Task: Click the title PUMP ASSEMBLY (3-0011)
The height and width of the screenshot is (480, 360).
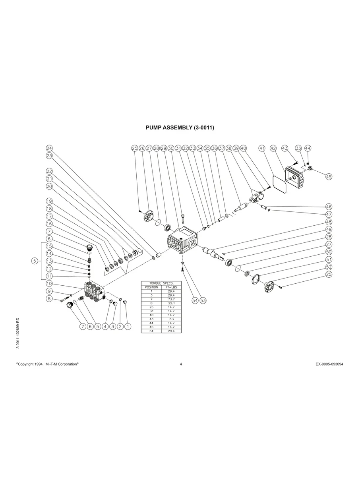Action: pyautogui.click(x=180, y=128)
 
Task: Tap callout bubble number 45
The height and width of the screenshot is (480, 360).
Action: pyautogui.click(x=329, y=176)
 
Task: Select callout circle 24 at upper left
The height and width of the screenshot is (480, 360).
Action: pyautogui.click(x=49, y=148)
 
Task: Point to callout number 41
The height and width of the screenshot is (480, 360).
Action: pyautogui.click(x=262, y=148)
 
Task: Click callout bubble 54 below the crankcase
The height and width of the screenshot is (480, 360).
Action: pyautogui.click(x=195, y=300)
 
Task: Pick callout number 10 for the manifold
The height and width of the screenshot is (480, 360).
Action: pyautogui.click(x=49, y=283)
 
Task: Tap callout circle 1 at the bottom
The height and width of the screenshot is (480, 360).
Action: pyautogui.click(x=128, y=326)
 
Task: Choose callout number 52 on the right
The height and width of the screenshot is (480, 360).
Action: pyautogui.click(x=329, y=267)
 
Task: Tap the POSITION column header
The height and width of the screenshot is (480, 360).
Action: pyautogui.click(x=151, y=287)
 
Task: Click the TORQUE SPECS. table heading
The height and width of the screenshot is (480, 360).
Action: pyautogui.click(x=161, y=283)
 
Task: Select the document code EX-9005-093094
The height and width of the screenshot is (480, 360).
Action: pyautogui.click(x=327, y=364)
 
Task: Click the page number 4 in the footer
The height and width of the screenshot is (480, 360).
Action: pyautogui.click(x=181, y=364)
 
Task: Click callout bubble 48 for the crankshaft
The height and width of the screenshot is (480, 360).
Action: pyautogui.click(x=329, y=222)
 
